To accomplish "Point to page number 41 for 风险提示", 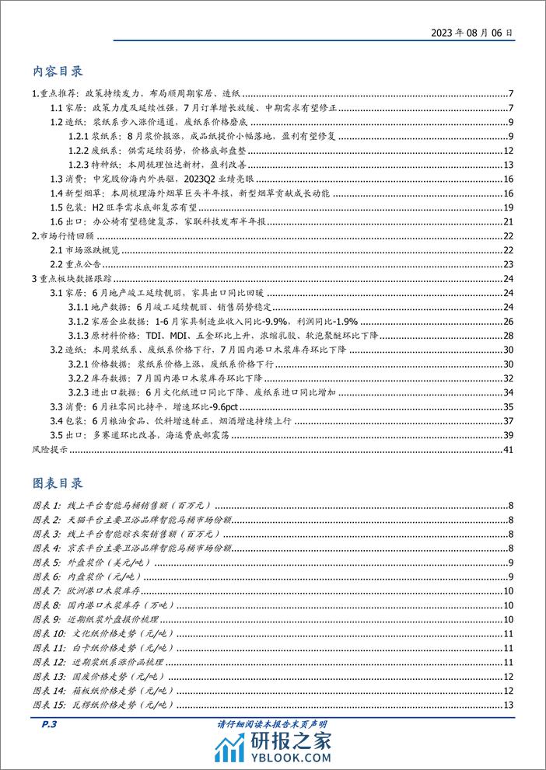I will [x=507, y=450].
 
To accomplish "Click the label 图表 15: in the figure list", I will [x=51, y=705].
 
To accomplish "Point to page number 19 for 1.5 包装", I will [x=507, y=207].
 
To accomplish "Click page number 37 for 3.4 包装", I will [x=507, y=420].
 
